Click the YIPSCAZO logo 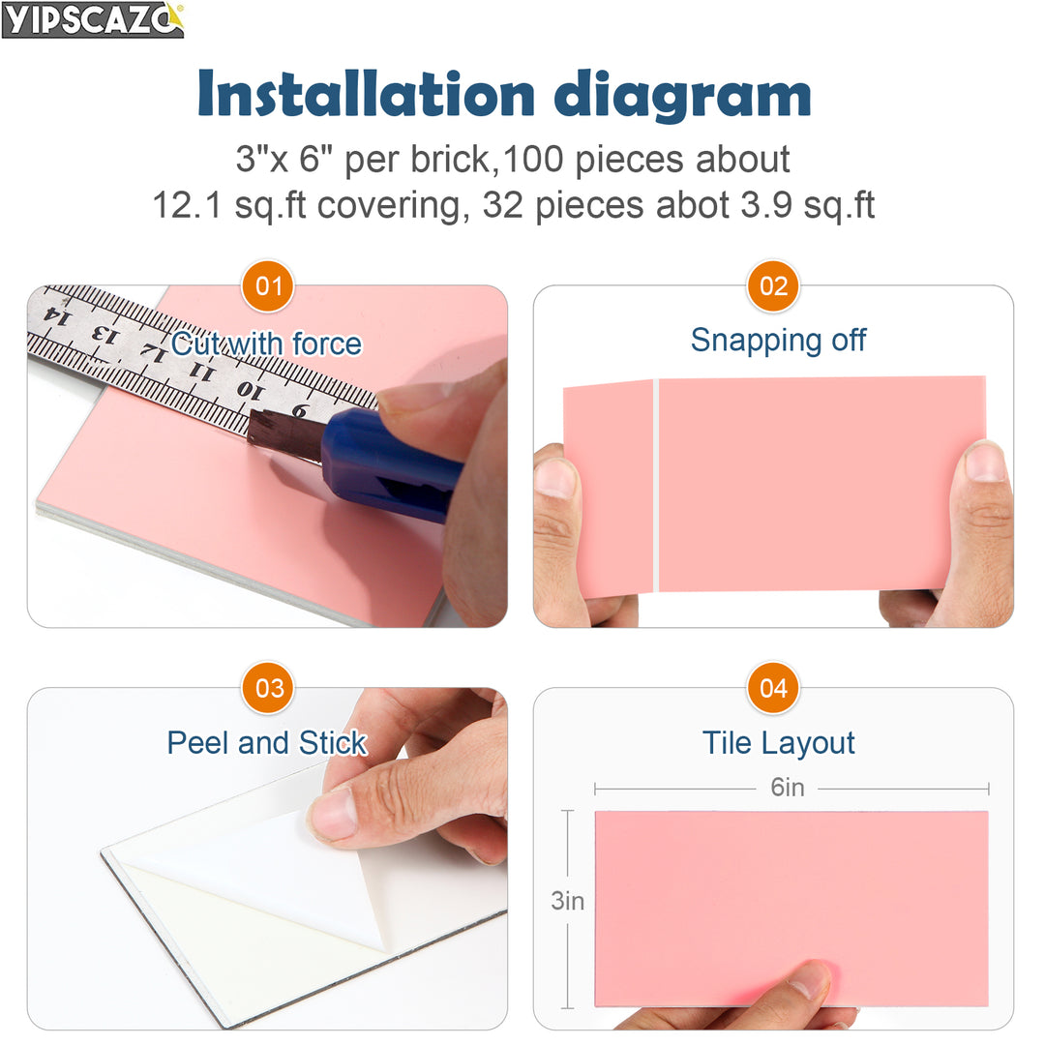click(x=93, y=19)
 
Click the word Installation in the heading click(x=367, y=94)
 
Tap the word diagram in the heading click(x=683, y=96)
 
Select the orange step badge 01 click(x=268, y=286)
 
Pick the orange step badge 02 click(x=773, y=286)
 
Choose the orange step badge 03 click(x=268, y=688)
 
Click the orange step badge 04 click(x=773, y=688)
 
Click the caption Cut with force click(x=266, y=343)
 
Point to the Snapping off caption click(x=778, y=340)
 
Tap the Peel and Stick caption click(x=266, y=743)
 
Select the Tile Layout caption click(x=778, y=743)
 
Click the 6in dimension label click(x=788, y=788)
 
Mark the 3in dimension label click(x=568, y=901)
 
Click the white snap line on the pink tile click(x=655, y=484)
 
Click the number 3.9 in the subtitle click(x=756, y=205)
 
